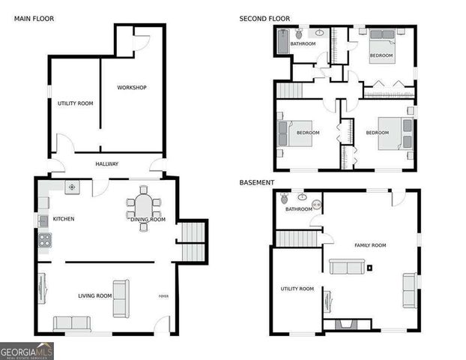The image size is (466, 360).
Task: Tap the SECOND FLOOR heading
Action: tap(264, 18)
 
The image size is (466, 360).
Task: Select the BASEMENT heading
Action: tap(256, 182)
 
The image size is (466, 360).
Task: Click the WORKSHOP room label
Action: tap(132, 88)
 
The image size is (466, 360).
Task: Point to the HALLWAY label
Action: tap(108, 164)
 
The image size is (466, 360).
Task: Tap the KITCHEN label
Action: tap(64, 219)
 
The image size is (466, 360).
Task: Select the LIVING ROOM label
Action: tap(95, 295)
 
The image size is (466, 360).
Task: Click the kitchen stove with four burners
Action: tap(44, 241)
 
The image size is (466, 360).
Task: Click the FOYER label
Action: tap(163, 296)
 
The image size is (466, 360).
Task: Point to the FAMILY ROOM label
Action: tap(370, 245)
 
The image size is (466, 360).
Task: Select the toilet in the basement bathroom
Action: tap(285, 199)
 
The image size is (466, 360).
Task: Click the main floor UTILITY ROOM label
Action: tap(75, 103)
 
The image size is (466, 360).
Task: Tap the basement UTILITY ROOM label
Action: tap(297, 288)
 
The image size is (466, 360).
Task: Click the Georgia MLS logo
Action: tap(27, 350)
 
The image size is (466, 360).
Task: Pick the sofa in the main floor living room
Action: tap(72, 323)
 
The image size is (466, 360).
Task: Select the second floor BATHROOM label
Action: tap(303, 43)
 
